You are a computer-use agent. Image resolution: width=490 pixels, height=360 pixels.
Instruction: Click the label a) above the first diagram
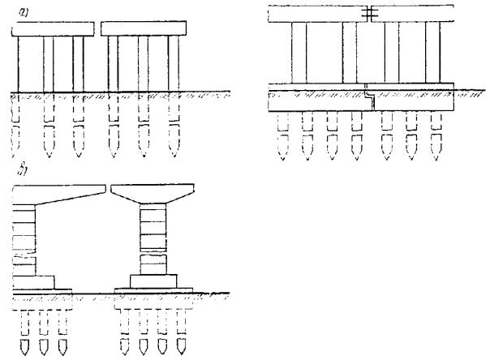pos(24,12)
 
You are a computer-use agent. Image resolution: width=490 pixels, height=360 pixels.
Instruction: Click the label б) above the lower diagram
pos(22,169)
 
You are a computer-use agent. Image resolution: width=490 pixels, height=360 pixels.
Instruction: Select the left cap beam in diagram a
pos(53,29)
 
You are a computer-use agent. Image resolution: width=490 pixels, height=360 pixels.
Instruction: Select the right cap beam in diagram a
pos(144,28)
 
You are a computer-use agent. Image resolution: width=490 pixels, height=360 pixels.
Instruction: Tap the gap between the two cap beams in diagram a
pos(97,28)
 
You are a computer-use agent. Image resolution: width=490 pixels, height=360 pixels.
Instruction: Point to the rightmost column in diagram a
pos(174,63)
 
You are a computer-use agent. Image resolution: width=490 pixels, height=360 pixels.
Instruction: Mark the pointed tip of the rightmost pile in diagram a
pos(174,156)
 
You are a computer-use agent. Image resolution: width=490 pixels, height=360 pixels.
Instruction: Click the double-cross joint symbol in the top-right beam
pos(370,13)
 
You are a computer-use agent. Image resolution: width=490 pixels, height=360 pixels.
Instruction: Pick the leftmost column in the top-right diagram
pos(299,53)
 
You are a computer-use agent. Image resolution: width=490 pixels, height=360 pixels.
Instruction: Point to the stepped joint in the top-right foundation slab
pos(370,97)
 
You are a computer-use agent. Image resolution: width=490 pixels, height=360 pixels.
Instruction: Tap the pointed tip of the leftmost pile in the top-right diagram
pos(283,159)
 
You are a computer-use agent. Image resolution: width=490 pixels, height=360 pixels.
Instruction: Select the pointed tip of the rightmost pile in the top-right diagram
pos(436,159)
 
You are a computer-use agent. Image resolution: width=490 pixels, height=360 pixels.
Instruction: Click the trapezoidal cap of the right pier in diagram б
pos(153,194)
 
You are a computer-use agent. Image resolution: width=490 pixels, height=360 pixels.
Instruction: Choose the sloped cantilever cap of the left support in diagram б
pos(58,195)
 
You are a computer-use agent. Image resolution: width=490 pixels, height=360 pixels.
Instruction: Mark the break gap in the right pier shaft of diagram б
pos(153,253)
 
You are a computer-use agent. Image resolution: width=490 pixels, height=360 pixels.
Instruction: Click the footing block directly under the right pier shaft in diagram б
pos(153,281)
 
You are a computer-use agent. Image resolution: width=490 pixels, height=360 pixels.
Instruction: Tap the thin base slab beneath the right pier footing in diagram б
pos(153,291)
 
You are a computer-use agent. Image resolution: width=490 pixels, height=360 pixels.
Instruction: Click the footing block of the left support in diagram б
pos(33,282)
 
